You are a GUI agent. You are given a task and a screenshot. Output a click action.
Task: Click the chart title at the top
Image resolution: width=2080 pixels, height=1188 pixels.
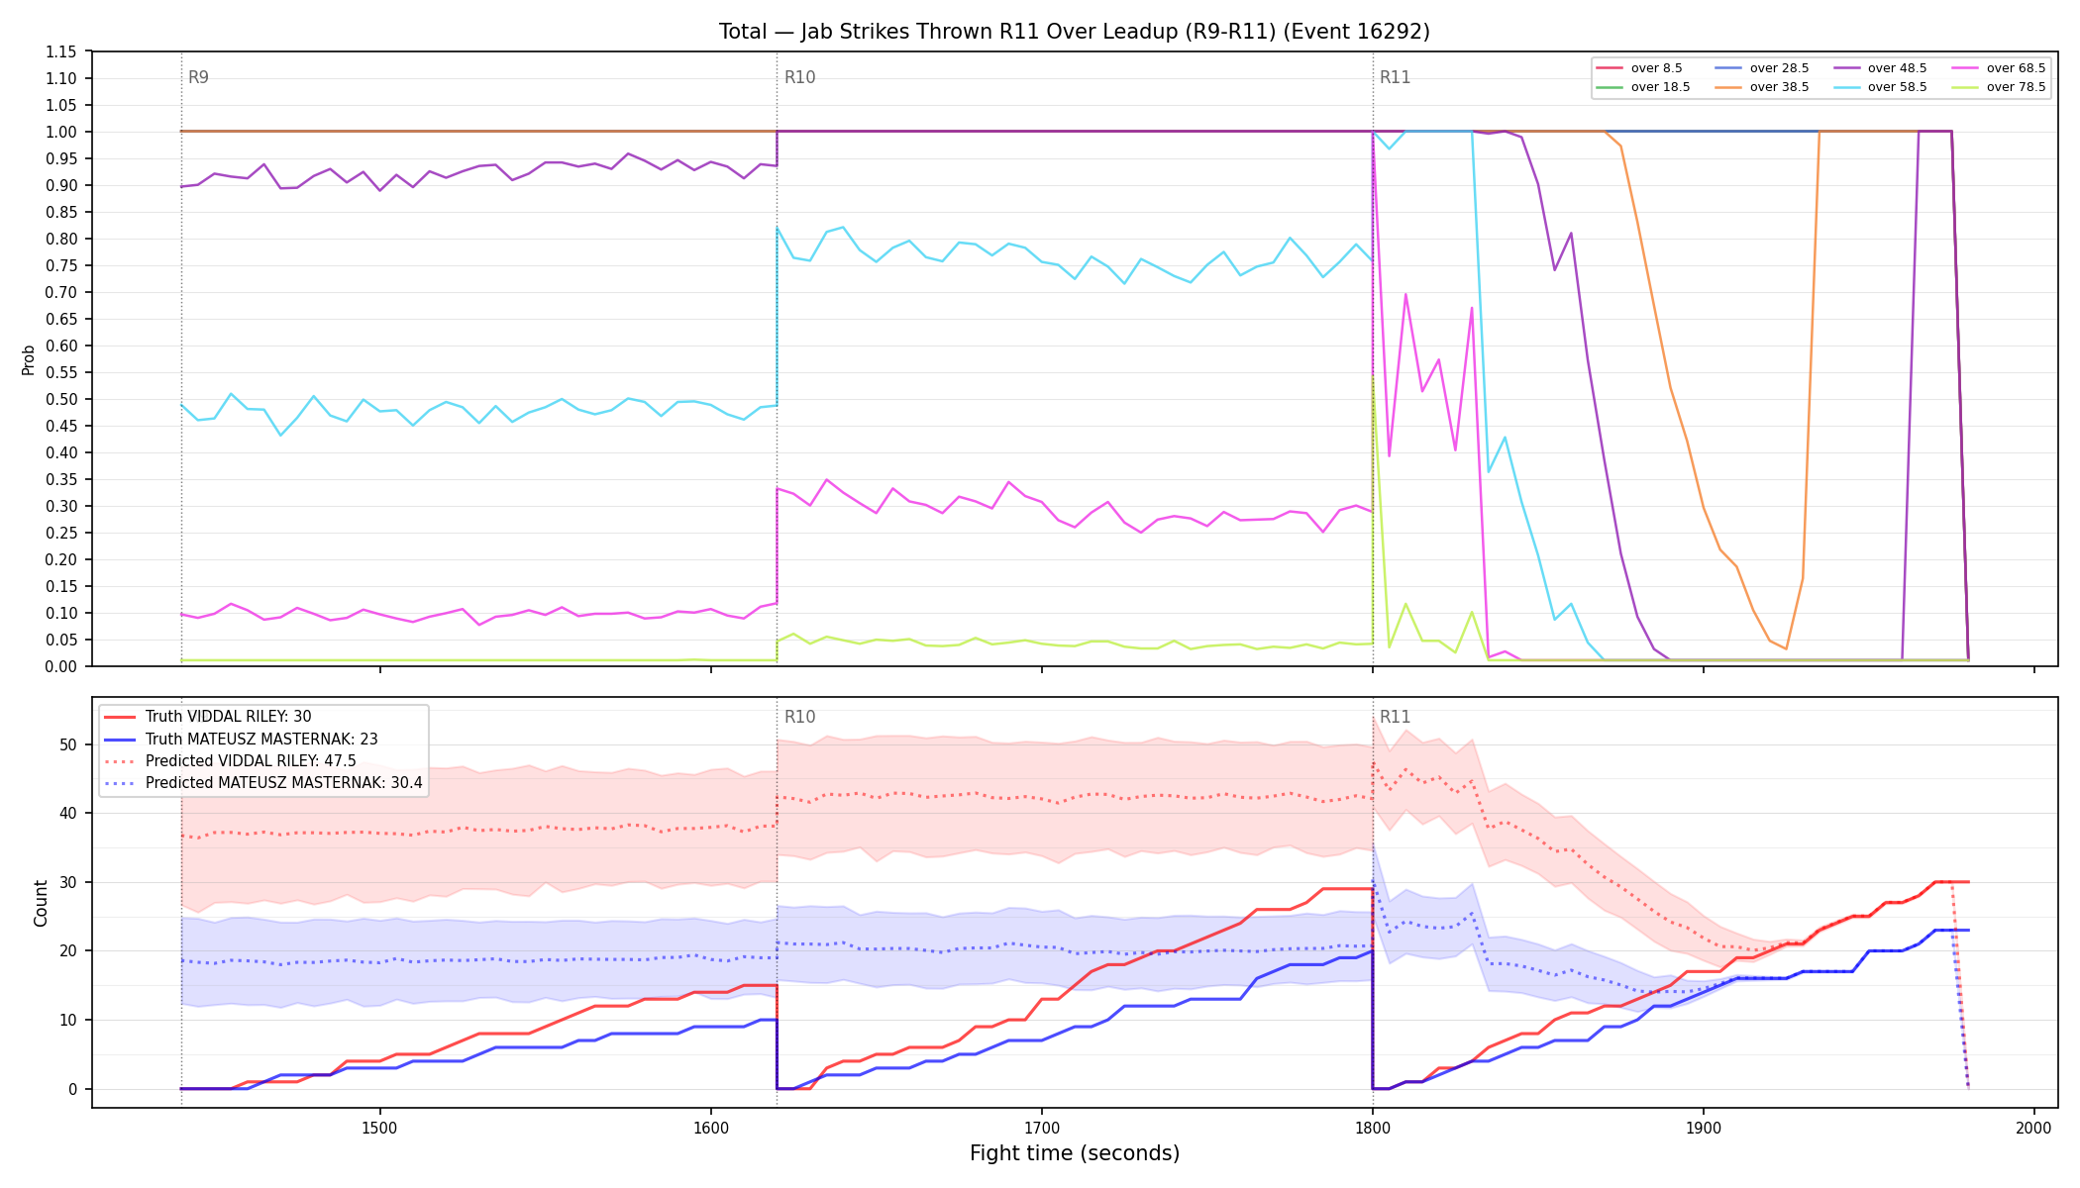[x=1075, y=32]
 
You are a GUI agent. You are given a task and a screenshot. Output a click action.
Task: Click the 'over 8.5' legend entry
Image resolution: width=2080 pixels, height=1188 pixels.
[x=1640, y=68]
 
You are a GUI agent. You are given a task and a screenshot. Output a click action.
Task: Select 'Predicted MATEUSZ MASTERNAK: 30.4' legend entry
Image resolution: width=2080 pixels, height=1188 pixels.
[x=263, y=783]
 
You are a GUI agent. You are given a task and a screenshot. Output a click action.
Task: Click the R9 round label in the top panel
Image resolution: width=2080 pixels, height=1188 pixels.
[x=198, y=77]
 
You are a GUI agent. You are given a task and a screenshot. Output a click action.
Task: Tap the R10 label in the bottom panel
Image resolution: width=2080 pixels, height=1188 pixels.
[x=799, y=717]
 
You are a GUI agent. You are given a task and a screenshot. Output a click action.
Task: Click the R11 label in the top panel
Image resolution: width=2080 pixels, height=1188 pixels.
[x=1395, y=77]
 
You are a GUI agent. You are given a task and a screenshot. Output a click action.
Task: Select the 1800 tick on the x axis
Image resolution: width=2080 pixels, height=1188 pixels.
[x=1373, y=1128]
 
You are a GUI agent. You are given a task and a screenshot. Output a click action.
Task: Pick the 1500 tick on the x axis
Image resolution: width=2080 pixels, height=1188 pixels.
[x=380, y=1128]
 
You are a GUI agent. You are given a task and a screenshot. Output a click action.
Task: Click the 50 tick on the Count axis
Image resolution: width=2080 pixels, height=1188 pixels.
[x=68, y=745]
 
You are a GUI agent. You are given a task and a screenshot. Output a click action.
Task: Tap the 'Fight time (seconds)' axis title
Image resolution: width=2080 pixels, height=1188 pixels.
[x=1075, y=1153]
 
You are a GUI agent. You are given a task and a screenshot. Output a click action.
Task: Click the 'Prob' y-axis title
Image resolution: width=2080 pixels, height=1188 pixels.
[x=29, y=359]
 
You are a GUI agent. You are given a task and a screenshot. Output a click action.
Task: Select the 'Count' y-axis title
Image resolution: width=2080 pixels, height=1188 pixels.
[x=41, y=903]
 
